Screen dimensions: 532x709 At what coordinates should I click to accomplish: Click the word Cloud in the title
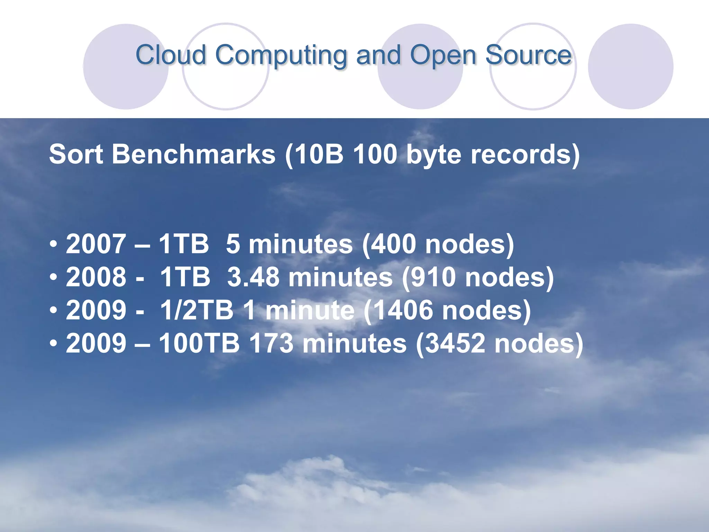(171, 55)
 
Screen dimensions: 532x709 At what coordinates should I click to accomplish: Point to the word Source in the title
(528, 55)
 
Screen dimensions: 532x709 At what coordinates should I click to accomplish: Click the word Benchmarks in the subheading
(194, 154)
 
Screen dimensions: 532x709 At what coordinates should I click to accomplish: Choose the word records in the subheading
(519, 154)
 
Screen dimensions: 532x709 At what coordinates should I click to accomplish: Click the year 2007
(96, 244)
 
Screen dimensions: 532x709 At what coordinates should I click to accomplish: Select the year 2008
(96, 277)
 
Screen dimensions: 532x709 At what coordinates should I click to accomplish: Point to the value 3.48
(253, 277)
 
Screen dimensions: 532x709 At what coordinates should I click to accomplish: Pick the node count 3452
(455, 343)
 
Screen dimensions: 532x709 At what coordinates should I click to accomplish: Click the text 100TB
(199, 343)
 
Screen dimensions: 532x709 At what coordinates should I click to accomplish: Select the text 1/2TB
(197, 310)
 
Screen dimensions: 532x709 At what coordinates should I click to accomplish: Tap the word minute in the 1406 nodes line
(310, 310)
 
